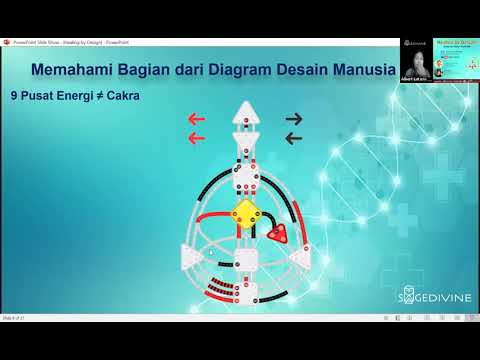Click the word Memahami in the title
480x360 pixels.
69,71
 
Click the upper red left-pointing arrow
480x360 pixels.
196,119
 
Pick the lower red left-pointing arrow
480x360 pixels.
196,138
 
